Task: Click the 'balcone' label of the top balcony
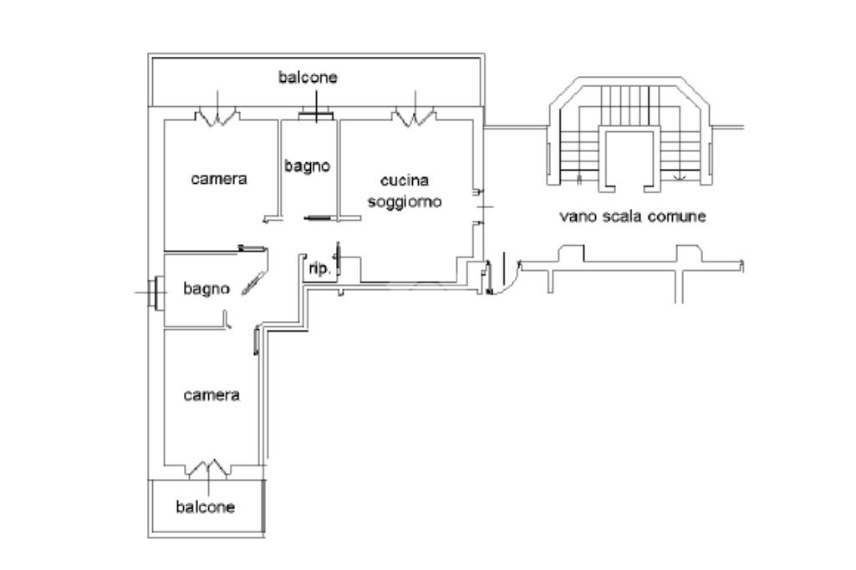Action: pos(308,77)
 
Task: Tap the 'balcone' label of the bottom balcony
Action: pos(205,506)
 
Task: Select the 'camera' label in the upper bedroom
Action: pos(219,178)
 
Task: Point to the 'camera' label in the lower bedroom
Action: pos(211,394)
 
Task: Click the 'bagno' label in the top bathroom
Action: pos(307,166)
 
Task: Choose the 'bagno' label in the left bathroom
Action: pos(206,289)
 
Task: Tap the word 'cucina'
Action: pos(405,181)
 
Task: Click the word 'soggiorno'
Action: pos(405,201)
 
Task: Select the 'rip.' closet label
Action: pos(319,269)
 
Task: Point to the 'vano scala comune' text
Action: pos(633,216)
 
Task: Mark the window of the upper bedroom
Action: pos(217,116)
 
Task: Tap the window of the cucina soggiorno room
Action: pos(414,116)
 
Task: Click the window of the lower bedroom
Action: pos(207,470)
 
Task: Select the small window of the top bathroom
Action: pos(316,115)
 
